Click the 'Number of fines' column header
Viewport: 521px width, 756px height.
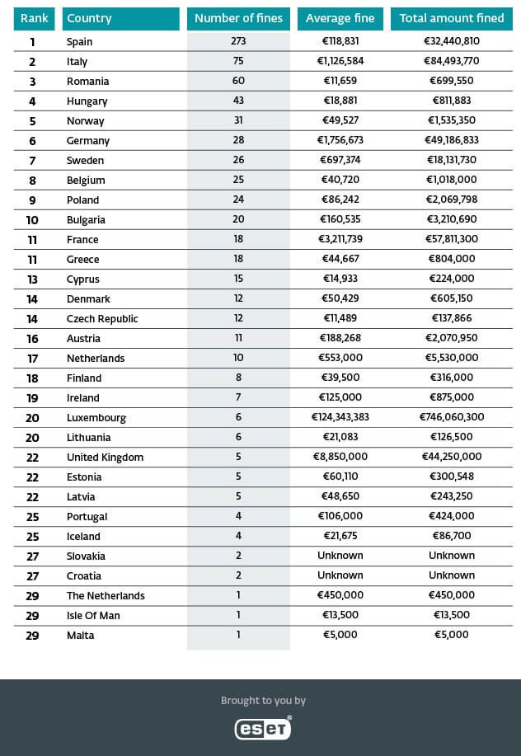point(238,18)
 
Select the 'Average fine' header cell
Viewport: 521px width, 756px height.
point(340,18)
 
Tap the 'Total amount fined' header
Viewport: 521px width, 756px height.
point(451,18)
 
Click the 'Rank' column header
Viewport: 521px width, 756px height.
point(34,18)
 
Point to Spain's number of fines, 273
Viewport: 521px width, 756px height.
point(238,41)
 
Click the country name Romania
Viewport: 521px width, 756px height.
point(87,81)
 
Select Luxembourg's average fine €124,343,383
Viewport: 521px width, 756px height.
point(340,417)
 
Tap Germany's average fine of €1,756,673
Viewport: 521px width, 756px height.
point(340,140)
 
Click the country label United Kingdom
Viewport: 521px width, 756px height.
point(105,457)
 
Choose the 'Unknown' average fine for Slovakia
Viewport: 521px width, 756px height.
point(340,556)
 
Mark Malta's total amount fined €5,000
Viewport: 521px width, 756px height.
point(451,635)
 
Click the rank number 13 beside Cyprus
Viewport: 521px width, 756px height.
point(33,279)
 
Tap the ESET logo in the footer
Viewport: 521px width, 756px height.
point(263,728)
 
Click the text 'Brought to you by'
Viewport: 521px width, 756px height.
point(263,701)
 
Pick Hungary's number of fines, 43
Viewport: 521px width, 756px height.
point(238,101)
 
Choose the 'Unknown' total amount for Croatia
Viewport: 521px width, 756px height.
point(451,575)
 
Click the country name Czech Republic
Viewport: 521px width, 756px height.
point(102,318)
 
